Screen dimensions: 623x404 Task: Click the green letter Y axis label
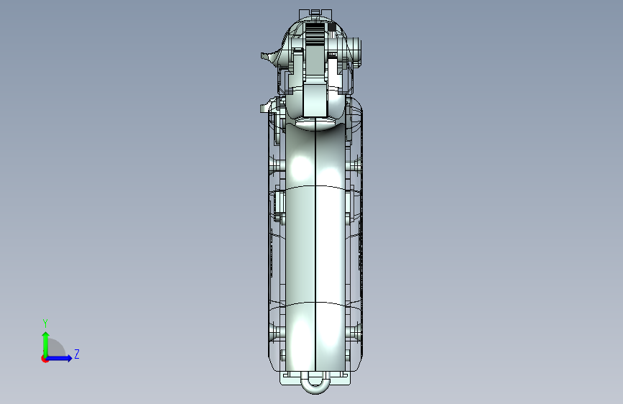[45, 323]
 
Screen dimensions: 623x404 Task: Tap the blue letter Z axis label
[77, 354]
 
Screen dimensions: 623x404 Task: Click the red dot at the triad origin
[45, 359]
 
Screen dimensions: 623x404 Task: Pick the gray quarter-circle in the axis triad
[55, 349]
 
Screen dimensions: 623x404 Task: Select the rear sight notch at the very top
[315, 13]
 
